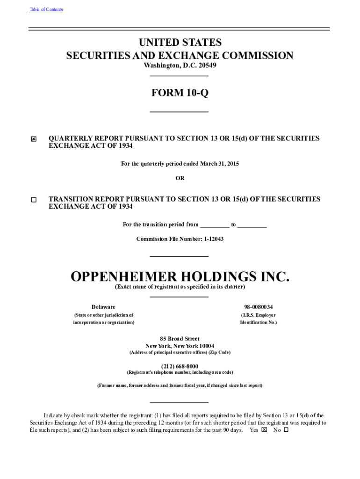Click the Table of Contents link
click(46, 9)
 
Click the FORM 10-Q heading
click(180, 93)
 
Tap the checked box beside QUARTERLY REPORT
click(34, 139)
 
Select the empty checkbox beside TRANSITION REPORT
click(34, 200)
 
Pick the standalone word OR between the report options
click(180, 178)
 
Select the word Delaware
click(103, 307)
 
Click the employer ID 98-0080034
click(255, 307)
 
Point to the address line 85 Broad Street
click(180, 339)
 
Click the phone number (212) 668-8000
click(180, 366)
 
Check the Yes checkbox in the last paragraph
click(264, 430)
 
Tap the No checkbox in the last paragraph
click(286, 430)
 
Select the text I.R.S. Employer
click(258, 315)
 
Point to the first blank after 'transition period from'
click(215, 225)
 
